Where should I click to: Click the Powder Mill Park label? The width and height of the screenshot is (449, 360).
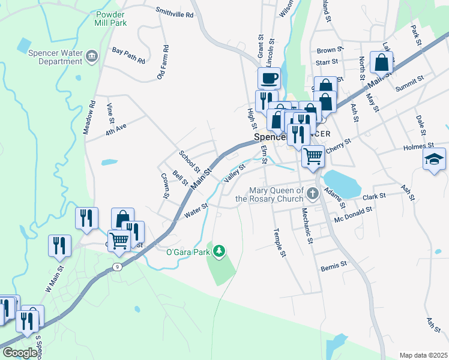[x=110, y=18]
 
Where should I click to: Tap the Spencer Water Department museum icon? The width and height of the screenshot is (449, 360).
[x=91, y=57]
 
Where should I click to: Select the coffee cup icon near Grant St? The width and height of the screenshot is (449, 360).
[x=269, y=77]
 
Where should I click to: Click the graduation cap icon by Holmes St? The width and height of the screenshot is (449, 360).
[x=434, y=159]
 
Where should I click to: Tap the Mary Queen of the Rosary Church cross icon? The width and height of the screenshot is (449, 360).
[x=312, y=193]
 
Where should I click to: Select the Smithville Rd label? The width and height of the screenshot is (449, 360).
[x=175, y=11]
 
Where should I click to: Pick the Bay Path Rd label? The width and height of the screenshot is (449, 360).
[x=128, y=56]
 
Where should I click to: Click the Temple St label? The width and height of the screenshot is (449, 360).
[x=279, y=242]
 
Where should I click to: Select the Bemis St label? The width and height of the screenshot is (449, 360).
[x=334, y=265]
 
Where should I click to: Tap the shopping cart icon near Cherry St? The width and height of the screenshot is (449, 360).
[x=313, y=156]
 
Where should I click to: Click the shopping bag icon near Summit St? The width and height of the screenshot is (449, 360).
[x=381, y=61]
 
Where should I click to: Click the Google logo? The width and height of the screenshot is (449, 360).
[x=20, y=353]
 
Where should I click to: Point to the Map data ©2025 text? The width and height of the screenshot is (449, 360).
[x=423, y=355]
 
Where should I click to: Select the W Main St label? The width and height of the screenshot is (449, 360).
[x=53, y=279]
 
